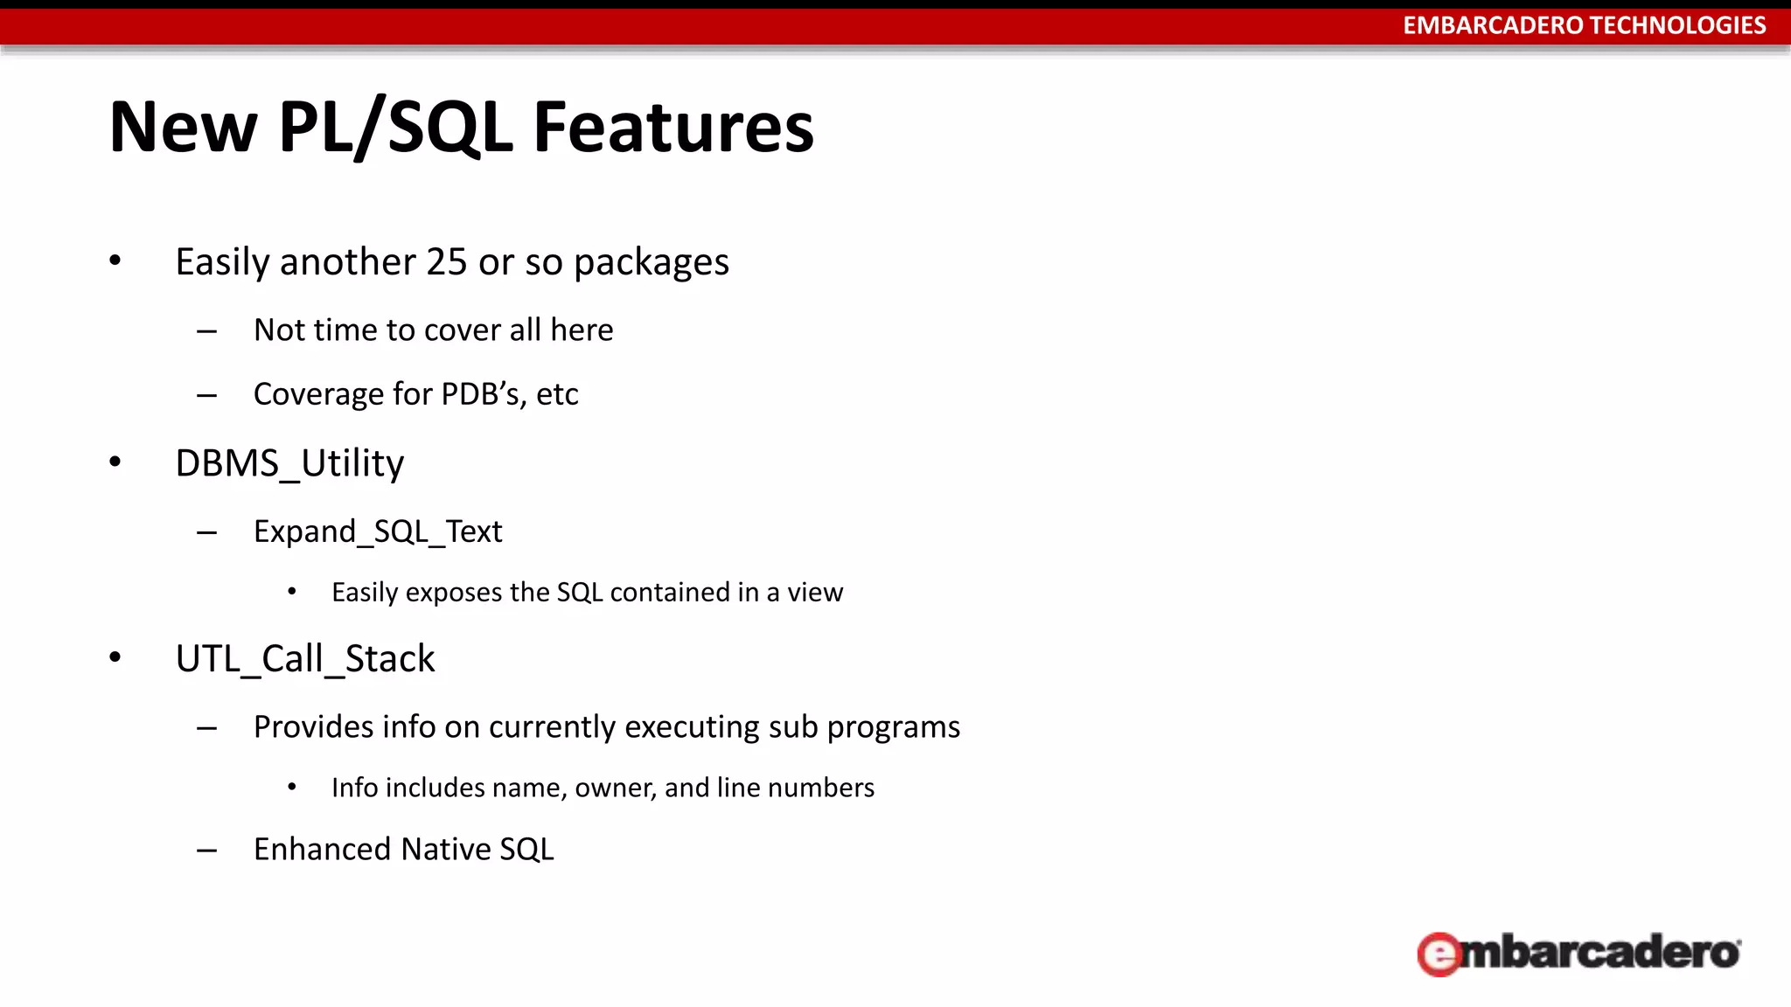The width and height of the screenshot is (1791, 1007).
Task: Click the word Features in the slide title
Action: coord(673,128)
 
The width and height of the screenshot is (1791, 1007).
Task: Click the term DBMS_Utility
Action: coord(289,463)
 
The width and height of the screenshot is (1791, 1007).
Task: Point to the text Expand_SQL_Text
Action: coord(378,531)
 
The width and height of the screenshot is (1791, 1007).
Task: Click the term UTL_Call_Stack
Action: coord(304,659)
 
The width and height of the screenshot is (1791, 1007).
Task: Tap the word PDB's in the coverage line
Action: coord(483,394)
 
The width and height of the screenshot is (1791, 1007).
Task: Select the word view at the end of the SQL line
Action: coord(815,593)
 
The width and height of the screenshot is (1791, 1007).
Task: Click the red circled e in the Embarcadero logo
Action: coord(1439,954)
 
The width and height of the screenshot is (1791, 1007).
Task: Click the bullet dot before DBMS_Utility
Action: coord(115,462)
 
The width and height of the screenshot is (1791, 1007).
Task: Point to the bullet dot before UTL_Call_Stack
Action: coord(115,658)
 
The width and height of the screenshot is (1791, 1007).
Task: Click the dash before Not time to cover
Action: coord(207,331)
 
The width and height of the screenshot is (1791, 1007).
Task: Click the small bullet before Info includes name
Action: coord(292,788)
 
